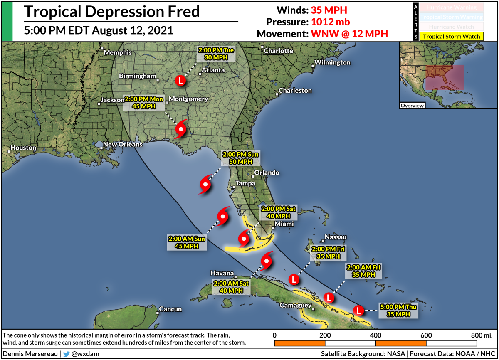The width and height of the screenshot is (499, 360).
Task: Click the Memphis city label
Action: pyautogui.click(x=117, y=53)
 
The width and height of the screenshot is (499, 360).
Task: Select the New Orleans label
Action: pyautogui.click(x=123, y=145)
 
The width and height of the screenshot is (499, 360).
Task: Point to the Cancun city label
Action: pyautogui.click(x=170, y=309)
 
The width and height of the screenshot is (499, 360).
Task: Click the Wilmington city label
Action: pyautogui.click(x=332, y=63)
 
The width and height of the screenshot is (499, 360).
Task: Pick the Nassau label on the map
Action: pyautogui.click(x=335, y=237)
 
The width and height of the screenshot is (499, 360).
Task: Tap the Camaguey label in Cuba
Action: pyautogui.click(x=296, y=306)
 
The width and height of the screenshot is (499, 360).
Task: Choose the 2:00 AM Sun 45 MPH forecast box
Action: pyautogui.click(x=187, y=242)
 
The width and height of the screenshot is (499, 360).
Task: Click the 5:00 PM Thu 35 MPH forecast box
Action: pyautogui.click(x=398, y=311)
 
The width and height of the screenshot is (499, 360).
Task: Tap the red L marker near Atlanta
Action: pyautogui.click(x=180, y=80)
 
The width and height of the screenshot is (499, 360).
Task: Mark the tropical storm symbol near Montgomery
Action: pyautogui.click(x=181, y=130)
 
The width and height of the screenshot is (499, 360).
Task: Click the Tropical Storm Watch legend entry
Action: pyautogui.click(x=452, y=37)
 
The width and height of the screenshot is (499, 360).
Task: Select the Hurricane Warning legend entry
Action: pyautogui.click(x=452, y=7)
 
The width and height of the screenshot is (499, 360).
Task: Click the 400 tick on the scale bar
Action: pyautogui.click(x=375, y=335)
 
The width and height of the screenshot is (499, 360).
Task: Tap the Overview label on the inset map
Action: pyautogui.click(x=412, y=106)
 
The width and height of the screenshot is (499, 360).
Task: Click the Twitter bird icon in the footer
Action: pyautogui.click(x=66, y=354)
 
